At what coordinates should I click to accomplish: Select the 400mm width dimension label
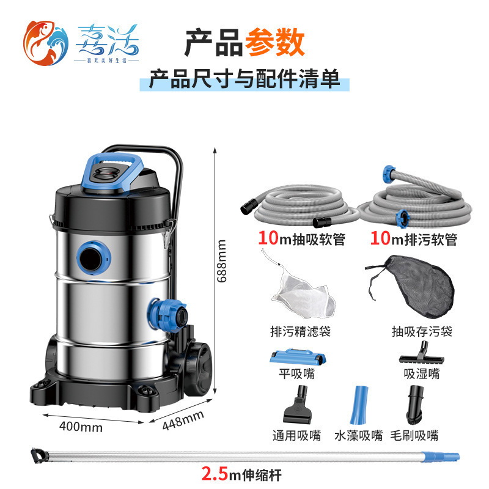click(82, 427)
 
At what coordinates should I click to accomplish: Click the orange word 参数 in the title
click(274, 44)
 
